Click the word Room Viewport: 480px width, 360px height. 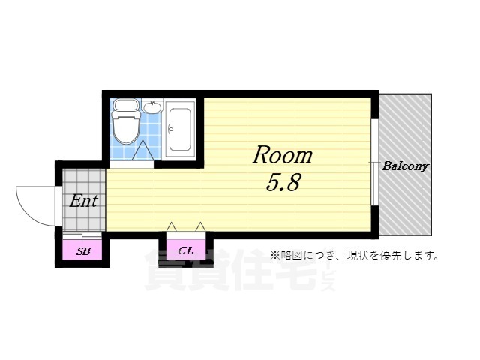(x=281, y=155)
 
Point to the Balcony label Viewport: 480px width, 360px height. (x=405, y=166)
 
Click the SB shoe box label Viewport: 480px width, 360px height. (x=82, y=251)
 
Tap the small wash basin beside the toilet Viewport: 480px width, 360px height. (x=152, y=106)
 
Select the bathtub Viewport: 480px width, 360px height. (x=178, y=129)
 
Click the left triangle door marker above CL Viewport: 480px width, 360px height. (x=172, y=226)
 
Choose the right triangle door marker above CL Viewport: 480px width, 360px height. (x=200, y=226)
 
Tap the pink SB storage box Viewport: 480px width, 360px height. (x=82, y=250)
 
